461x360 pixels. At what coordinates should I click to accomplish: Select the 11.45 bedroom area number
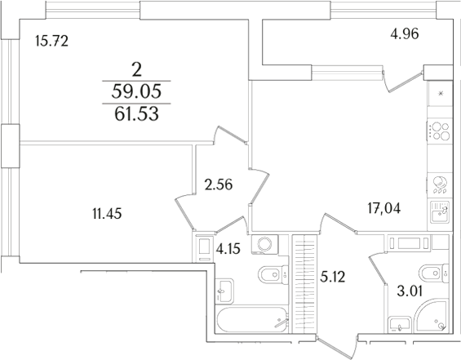(x=108, y=216)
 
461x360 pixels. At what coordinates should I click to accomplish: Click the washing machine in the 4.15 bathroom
(x=266, y=246)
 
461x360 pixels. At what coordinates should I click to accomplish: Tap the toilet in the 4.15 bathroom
(x=269, y=275)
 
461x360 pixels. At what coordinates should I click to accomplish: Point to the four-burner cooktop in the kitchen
(x=439, y=131)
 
